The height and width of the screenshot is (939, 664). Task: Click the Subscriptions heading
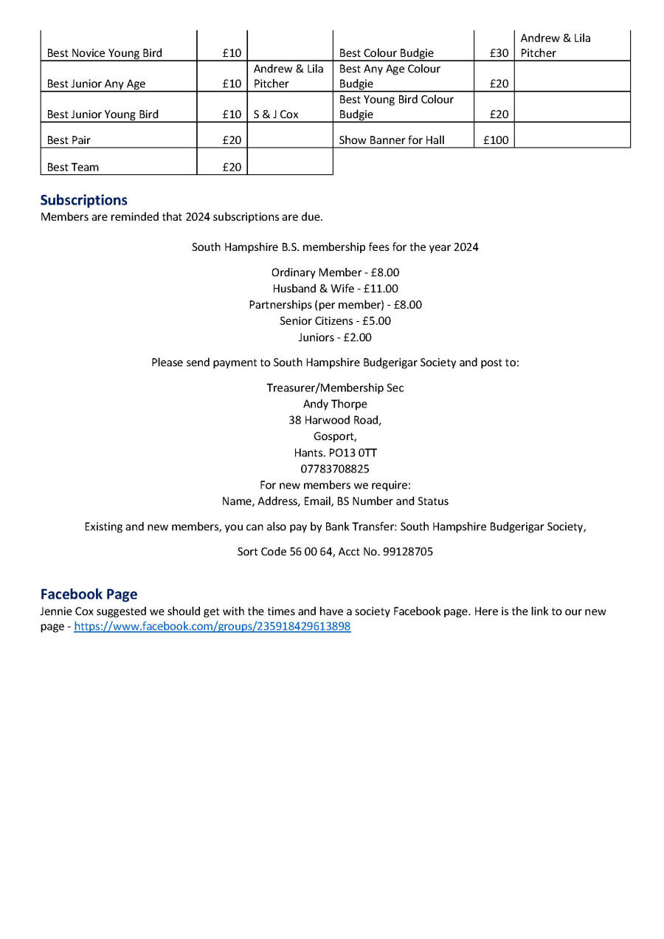point(83,200)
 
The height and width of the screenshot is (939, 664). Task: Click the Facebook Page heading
point(89,594)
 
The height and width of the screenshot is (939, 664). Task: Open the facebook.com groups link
point(212,627)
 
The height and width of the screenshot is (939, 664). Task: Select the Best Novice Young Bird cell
point(104,53)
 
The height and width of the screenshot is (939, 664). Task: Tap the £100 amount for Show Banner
point(495,140)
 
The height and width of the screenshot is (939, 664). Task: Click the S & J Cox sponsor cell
point(276,114)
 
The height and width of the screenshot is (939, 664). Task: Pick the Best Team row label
point(72,167)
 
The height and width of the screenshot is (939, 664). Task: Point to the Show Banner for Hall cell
point(391,140)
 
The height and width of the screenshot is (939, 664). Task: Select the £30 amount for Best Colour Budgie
point(499,53)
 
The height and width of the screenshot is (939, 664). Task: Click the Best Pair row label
point(69,140)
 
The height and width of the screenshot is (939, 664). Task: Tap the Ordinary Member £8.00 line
point(335,272)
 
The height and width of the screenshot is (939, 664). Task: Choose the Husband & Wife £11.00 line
point(335,289)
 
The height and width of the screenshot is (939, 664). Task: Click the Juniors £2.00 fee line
point(335,337)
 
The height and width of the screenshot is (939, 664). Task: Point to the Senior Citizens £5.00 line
point(335,321)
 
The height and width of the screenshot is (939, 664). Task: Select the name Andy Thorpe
point(335,404)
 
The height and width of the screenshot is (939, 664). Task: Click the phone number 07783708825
point(335,469)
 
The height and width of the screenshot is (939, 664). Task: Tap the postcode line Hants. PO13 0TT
point(335,453)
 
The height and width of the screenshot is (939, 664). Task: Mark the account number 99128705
point(408,551)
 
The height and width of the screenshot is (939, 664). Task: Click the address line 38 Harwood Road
point(335,420)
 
